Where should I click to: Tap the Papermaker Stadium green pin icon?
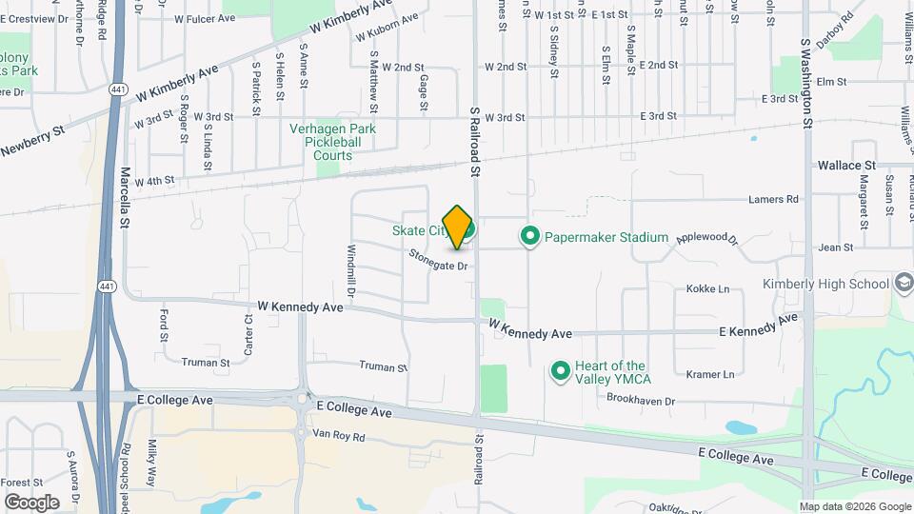coord(530,236)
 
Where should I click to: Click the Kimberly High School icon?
coord(903,284)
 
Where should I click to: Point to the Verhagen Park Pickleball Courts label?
coord(333,142)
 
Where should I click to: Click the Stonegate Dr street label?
coord(439,260)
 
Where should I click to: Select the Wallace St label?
coord(846,165)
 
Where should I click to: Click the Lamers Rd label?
coord(772,199)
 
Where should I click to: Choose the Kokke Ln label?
coord(707,288)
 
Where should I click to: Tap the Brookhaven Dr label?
coord(641,401)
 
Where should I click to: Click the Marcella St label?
coord(125,198)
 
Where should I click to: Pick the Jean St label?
coord(835,247)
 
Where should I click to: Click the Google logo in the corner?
coord(31,502)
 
